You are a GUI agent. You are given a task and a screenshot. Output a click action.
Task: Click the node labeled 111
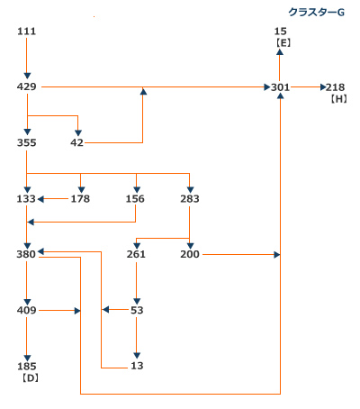coord(26,32)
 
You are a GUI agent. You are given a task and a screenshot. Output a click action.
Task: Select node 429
coord(26,86)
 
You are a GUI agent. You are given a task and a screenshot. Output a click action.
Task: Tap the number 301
coord(280,87)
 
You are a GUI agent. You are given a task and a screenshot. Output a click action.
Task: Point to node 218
coord(335,87)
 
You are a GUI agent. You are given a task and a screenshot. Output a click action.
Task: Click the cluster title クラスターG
coord(316,13)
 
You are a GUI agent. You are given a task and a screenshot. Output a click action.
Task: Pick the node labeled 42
coord(76,142)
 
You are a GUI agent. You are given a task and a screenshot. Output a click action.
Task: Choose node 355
coord(26,142)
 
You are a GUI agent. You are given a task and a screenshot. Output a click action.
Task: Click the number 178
coord(80,199)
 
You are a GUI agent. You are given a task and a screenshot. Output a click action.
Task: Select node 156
coord(135,199)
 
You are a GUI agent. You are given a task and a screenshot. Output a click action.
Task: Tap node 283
coord(190,199)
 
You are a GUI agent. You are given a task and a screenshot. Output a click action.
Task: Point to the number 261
coord(136,254)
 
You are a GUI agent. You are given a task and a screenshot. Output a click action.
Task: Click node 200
coord(190,254)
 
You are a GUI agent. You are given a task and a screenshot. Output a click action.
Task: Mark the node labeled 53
coord(137,310)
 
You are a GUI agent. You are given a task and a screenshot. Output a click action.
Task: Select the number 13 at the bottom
coord(137,366)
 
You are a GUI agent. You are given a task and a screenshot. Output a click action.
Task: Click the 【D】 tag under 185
coord(31,378)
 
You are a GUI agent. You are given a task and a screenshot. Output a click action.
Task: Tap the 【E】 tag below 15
coord(283,43)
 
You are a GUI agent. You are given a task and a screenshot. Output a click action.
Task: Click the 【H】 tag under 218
coord(339,99)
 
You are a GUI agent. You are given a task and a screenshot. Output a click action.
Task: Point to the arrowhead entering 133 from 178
coord(40,199)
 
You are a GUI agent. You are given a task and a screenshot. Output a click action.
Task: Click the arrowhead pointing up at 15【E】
coord(280,52)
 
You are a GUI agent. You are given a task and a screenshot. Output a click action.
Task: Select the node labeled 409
coord(26,310)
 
